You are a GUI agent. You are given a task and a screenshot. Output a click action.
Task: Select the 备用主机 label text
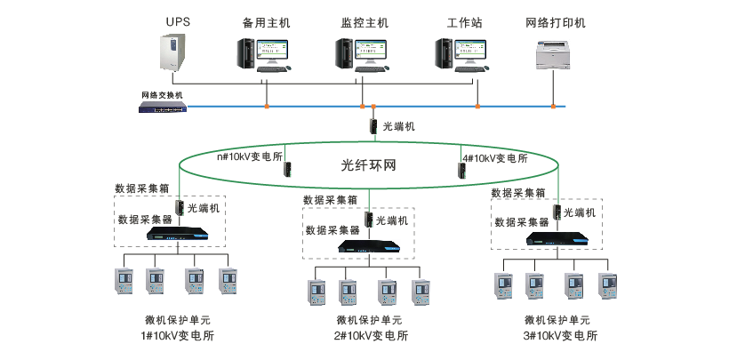pos(266,20)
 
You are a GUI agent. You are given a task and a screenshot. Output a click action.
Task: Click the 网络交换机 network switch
pos(163,107)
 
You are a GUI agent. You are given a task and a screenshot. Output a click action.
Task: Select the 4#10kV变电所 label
pos(494,159)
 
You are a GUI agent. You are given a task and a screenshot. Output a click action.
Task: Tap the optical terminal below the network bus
pos(375,126)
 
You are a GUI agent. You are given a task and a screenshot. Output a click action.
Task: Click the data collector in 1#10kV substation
pos(178,235)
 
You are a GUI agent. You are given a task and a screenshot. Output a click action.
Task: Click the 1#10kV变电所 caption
pos(177,336)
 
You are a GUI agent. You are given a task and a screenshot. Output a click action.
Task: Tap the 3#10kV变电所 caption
pos(560,336)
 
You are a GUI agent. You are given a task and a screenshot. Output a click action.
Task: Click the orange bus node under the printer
pos(553,107)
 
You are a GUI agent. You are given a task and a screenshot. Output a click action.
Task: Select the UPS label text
pos(177,20)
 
